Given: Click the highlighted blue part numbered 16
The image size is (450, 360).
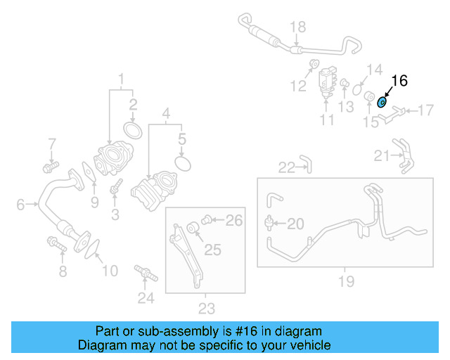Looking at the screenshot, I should (382, 102).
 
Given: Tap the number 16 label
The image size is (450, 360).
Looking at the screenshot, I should (399, 81).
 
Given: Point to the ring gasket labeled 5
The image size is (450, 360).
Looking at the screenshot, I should (182, 163).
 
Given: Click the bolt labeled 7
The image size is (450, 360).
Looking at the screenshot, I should (49, 167).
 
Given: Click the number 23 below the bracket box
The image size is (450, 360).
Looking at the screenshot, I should (206, 307).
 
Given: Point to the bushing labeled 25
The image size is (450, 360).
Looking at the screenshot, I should (191, 228).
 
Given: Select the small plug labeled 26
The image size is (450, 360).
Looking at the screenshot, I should (207, 220).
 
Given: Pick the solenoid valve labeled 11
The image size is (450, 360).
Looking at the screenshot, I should (327, 78).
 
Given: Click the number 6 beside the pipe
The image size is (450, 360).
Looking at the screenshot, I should (21, 205).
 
